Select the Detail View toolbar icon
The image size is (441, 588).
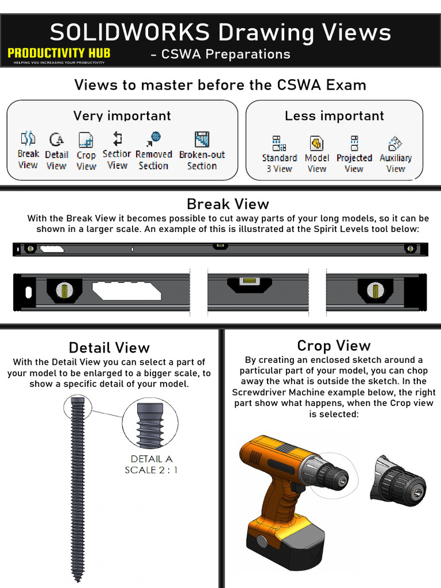(56, 139)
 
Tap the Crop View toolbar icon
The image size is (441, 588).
(86, 140)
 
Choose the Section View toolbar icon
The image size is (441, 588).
(117, 138)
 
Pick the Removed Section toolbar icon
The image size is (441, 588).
(154, 138)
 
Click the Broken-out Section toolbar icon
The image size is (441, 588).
(202, 139)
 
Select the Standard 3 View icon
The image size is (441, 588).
(279, 143)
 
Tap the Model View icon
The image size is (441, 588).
(316, 143)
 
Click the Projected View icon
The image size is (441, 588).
(354, 143)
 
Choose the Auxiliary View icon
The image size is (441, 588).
(395, 143)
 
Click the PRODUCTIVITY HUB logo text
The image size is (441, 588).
(59, 53)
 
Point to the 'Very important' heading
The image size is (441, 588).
(122, 115)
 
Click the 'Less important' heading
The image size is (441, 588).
(334, 115)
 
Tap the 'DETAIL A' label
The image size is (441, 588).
(152, 459)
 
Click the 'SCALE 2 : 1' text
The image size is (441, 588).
(152, 470)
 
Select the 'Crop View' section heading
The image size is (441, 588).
(334, 346)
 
